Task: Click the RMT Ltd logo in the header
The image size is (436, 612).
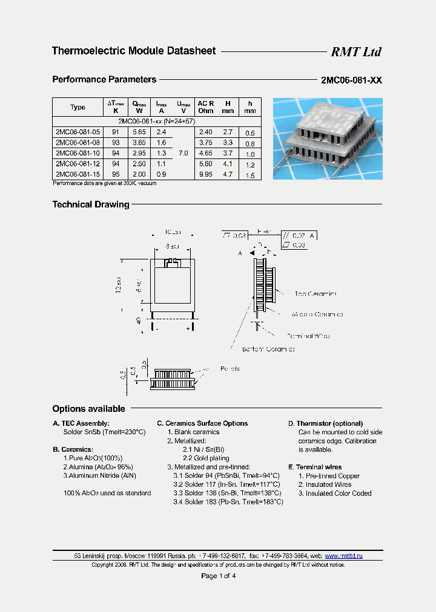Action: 355,52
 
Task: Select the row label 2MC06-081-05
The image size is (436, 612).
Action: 78,132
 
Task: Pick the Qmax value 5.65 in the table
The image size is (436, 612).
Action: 139,132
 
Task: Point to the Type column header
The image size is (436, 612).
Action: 78,107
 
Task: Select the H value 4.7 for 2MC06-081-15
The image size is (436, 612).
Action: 228,175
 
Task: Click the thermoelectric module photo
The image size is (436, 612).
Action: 328,138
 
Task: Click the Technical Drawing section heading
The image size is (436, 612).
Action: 91,204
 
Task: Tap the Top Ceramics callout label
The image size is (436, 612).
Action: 315,294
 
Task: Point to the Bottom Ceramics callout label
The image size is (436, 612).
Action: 268,349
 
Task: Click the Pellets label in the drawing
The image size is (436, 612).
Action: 230,368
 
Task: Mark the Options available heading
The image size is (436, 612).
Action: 88,409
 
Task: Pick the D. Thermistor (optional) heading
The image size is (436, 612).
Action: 325,423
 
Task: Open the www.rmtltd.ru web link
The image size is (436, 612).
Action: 343,555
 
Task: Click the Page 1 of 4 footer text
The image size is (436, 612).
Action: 218,576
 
